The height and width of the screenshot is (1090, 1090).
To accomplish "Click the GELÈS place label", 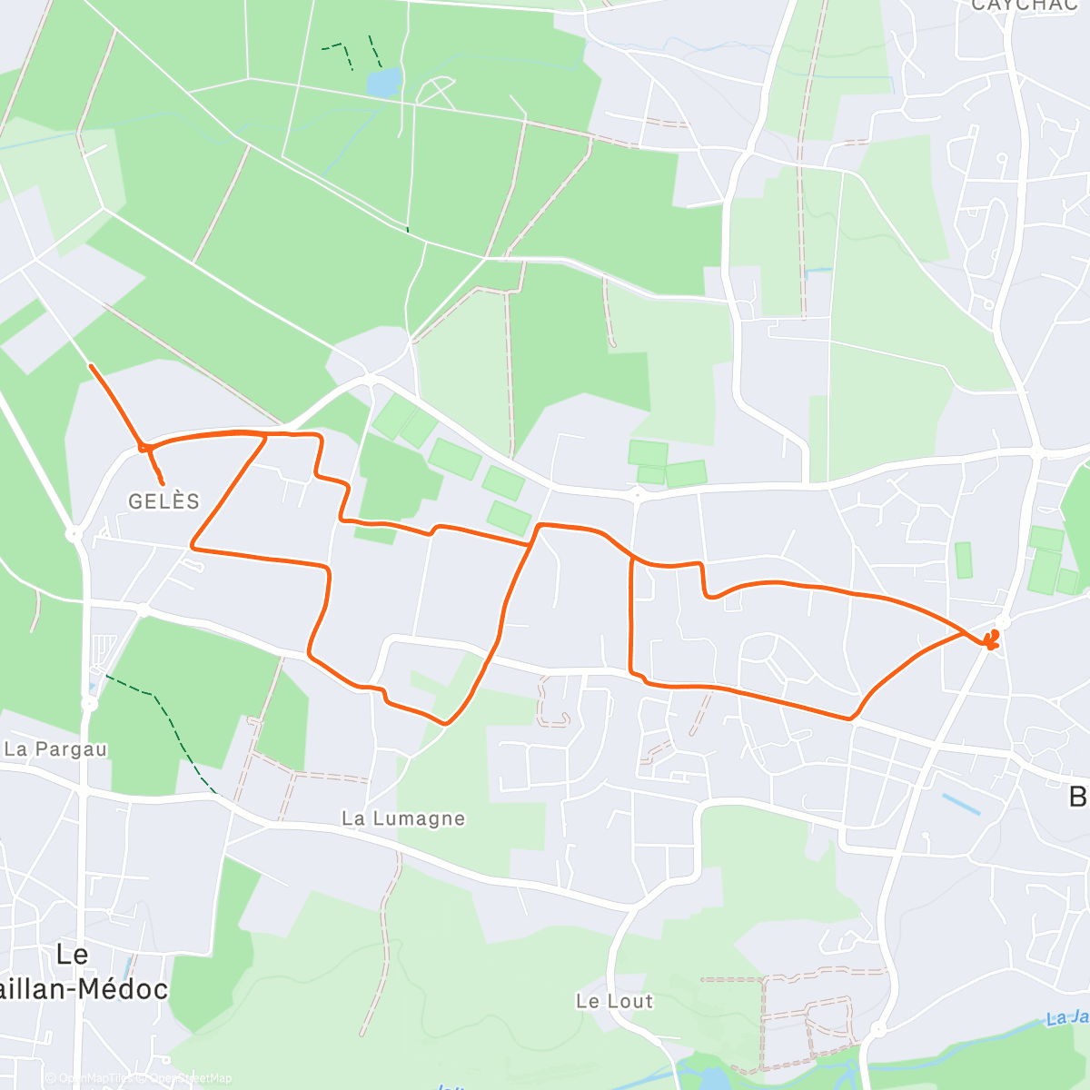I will click(x=163, y=500).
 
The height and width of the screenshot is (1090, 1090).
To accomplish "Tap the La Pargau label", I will click(x=55, y=749).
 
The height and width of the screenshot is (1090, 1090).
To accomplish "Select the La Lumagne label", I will click(x=403, y=818).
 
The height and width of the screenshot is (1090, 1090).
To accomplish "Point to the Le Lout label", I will click(x=614, y=1001).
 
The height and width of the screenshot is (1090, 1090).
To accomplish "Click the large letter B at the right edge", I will click(x=1077, y=798).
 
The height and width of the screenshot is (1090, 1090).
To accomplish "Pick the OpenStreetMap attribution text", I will click(x=191, y=1078).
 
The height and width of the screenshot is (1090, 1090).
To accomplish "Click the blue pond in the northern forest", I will click(x=382, y=83).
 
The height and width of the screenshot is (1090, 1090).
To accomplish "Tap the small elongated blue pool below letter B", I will click(x=961, y=804).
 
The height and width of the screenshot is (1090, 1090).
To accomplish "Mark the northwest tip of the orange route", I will click(x=90, y=365).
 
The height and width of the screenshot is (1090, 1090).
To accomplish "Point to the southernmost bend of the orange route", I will click(x=444, y=724).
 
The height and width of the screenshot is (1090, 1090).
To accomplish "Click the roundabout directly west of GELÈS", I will click(x=74, y=533).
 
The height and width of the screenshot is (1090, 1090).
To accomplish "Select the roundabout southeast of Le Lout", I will click(x=877, y=1029).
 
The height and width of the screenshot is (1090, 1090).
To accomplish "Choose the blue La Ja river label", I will click(x=1067, y=1017).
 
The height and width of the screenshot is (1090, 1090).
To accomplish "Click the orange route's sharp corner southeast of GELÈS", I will click(x=192, y=547).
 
